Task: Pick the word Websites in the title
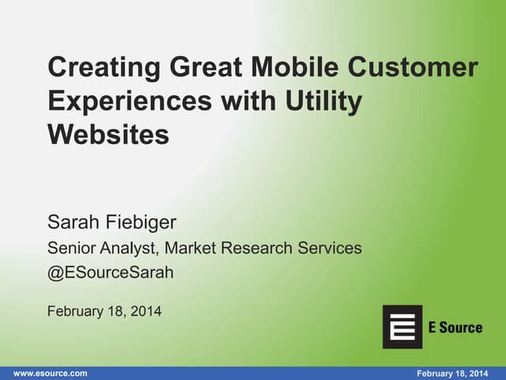click(x=108, y=135)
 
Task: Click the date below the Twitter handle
click(x=104, y=311)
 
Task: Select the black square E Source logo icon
click(x=402, y=326)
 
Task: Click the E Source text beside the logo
click(x=455, y=327)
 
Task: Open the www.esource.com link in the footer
click(x=51, y=373)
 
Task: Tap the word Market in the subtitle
click(x=194, y=249)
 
